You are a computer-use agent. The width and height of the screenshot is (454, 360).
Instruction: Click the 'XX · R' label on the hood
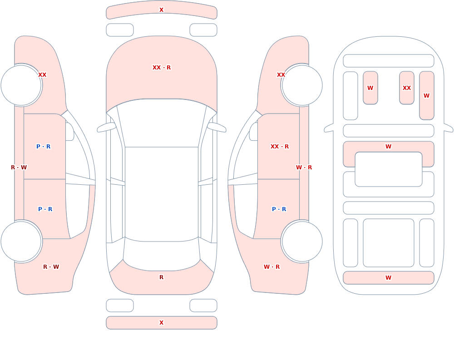pos(162,68)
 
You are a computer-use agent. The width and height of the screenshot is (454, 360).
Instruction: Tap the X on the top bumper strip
pos(162,10)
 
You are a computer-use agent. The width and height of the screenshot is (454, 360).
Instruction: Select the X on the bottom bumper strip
pos(162,323)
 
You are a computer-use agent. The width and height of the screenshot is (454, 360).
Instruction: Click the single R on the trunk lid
pos(162,277)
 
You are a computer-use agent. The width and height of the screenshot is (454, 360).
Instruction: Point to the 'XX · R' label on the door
pos(279,147)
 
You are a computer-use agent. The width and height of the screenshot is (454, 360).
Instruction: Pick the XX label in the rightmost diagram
pos(406,88)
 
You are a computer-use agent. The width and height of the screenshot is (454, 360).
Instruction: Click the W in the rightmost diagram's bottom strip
pos(388,278)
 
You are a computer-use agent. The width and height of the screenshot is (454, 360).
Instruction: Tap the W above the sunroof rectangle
pos(388,147)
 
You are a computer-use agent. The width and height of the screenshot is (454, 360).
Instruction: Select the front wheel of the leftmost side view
pos(21,85)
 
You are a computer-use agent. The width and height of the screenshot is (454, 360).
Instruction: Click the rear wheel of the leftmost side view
pos(21,241)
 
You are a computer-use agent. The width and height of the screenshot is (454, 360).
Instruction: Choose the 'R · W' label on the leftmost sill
pos(19,168)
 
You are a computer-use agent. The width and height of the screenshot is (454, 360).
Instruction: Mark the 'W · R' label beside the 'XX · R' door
pos(304,168)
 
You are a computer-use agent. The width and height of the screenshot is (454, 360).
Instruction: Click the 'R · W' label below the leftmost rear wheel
pos(51,267)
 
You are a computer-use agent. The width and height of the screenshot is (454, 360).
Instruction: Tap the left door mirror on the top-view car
pos(106,128)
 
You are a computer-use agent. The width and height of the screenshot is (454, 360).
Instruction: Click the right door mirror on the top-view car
pos(217,128)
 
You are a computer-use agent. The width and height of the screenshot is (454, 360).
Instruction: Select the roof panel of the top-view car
pos(162,194)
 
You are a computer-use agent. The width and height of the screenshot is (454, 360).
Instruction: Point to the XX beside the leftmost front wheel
pos(42,75)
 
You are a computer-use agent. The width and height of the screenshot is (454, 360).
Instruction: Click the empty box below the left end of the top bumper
pos(120,30)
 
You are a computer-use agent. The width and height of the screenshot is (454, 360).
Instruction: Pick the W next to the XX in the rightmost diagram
pos(426,96)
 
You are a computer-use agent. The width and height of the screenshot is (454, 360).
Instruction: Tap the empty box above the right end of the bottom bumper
pos(203,306)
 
